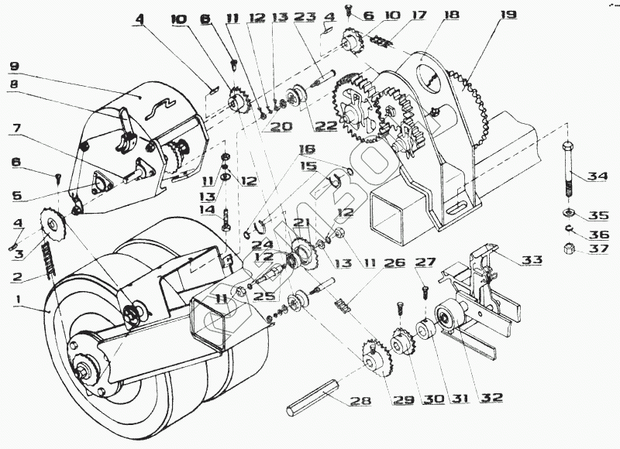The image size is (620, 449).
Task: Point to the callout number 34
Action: coord(598,177)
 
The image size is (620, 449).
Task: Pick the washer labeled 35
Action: coord(567,213)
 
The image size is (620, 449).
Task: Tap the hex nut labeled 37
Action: coord(567,249)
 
